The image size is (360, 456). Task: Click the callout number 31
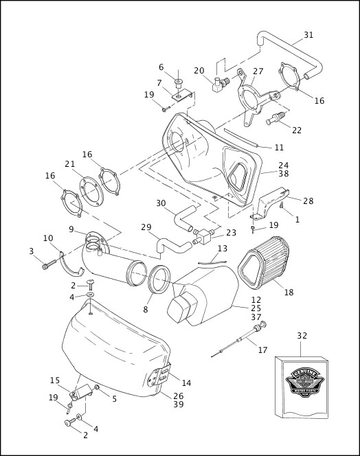tap(308, 35)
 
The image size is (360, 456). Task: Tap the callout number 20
tap(199, 71)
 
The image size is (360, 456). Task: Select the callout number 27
tap(258, 71)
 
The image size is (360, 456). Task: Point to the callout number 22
tap(296, 130)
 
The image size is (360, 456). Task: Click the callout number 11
tap(278, 148)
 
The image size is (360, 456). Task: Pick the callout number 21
tap(69, 163)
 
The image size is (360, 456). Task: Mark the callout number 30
tap(161, 203)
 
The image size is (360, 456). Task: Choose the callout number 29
tap(146, 227)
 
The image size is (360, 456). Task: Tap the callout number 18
tap(289, 292)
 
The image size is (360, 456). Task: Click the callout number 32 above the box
tap(302, 336)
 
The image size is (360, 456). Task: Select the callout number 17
tap(262, 350)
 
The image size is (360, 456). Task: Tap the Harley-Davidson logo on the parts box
tap(302, 383)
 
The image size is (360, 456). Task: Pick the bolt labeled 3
tap(46, 263)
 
